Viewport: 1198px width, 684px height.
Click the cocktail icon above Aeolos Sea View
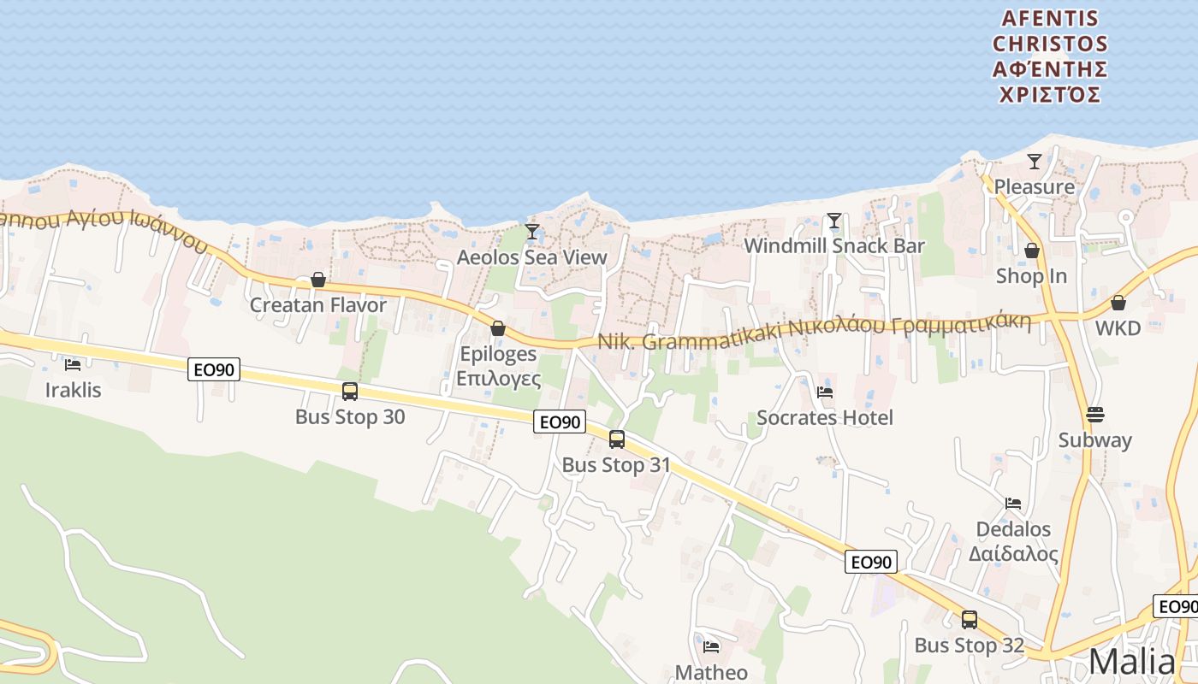pyautogui.click(x=532, y=231)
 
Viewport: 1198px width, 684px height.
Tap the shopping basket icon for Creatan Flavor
pyautogui.click(x=318, y=280)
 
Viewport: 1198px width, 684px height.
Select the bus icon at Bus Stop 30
pyautogui.click(x=350, y=392)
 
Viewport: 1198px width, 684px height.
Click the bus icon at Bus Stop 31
pyautogui.click(x=616, y=439)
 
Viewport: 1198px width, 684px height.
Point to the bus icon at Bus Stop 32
pyautogui.click(x=970, y=620)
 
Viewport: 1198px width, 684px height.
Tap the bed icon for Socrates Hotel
pyautogui.click(x=825, y=392)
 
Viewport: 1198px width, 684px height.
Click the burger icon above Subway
pyautogui.click(x=1095, y=415)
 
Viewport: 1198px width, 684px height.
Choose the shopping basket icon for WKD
pyautogui.click(x=1118, y=303)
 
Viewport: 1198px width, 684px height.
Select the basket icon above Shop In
pyautogui.click(x=1032, y=251)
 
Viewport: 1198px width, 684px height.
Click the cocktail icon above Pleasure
pyautogui.click(x=1035, y=161)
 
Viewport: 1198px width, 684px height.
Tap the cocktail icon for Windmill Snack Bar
pyautogui.click(x=834, y=221)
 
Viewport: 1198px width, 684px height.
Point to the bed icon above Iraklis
pyautogui.click(x=73, y=365)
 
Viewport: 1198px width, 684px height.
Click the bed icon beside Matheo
pyautogui.click(x=711, y=646)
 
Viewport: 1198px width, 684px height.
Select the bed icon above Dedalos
pyautogui.click(x=1013, y=504)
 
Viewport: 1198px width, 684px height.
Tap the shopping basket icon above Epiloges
pyautogui.click(x=498, y=328)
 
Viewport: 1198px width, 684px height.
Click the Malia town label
pyautogui.click(x=1132, y=662)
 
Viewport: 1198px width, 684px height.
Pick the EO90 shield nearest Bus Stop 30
pyautogui.click(x=214, y=369)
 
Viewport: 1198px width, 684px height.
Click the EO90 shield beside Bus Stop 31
pyautogui.click(x=560, y=422)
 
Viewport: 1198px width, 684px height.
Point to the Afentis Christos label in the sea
pyautogui.click(x=1050, y=56)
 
